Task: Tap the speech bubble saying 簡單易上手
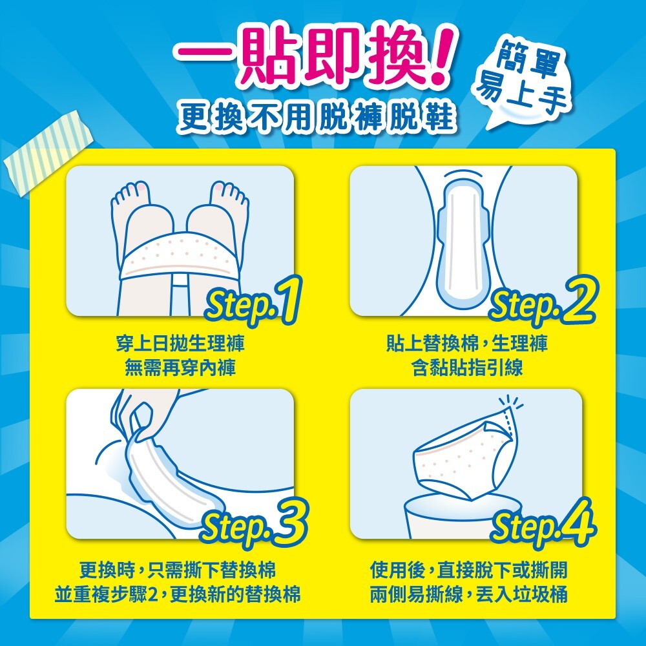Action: point(523,83)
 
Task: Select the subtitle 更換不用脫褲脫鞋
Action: point(317,117)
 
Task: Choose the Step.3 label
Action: point(254,524)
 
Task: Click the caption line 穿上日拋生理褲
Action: point(180,344)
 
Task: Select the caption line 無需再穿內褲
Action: point(180,368)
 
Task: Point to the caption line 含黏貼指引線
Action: point(467,368)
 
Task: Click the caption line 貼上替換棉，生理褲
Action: point(467,344)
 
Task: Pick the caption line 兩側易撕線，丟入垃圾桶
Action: point(468,594)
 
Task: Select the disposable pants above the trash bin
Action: point(463,457)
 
